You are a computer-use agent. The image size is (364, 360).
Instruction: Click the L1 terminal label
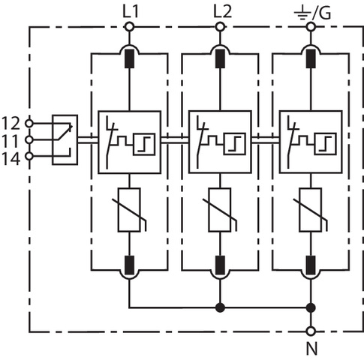(x=131, y=12)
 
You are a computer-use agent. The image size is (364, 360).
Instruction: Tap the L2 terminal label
(x=222, y=12)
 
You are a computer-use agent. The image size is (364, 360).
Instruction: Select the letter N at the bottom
(x=311, y=349)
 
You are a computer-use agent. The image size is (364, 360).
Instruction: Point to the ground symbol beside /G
(x=302, y=13)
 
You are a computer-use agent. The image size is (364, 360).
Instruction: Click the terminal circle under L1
(x=129, y=26)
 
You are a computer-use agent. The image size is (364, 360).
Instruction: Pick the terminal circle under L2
(x=220, y=26)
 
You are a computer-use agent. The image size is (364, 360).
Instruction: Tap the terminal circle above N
(x=311, y=331)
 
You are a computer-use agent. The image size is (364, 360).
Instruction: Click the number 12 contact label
(x=11, y=123)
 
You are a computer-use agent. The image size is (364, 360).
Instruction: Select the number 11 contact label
(x=11, y=141)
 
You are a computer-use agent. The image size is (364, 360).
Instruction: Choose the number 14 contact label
(x=11, y=159)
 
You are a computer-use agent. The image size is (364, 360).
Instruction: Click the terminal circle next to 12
(x=29, y=123)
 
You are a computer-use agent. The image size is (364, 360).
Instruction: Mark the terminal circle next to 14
(x=29, y=156)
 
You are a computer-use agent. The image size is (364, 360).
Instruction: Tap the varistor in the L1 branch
(x=129, y=210)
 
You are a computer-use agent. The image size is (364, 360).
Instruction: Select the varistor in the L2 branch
(x=220, y=210)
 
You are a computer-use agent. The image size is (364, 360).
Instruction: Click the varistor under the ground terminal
(x=311, y=210)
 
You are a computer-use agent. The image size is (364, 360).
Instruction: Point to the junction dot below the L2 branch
(x=220, y=307)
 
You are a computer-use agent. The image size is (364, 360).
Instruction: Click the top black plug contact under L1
(x=129, y=58)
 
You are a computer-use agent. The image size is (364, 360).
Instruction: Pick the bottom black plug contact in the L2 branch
(x=220, y=265)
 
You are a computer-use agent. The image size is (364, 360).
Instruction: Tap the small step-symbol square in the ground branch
(x=326, y=144)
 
